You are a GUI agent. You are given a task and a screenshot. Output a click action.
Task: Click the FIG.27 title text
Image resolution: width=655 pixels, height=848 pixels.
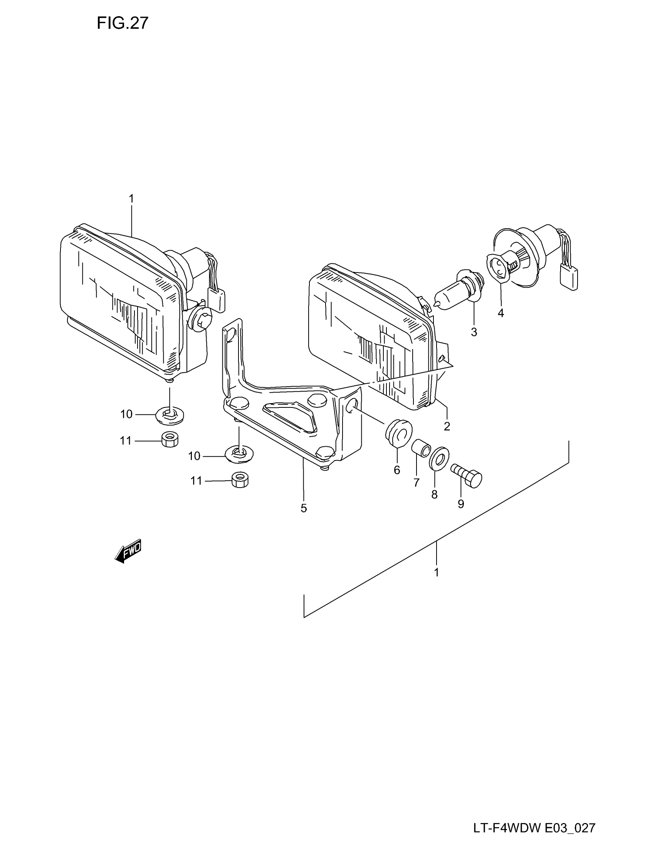[x=122, y=23]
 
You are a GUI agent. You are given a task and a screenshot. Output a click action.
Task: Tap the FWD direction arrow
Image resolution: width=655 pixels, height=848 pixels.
[x=128, y=550]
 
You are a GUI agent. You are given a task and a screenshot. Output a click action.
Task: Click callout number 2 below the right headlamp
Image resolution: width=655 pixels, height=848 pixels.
[x=447, y=426]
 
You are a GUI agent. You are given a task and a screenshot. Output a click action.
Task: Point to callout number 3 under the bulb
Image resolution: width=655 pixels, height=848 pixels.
[x=474, y=332]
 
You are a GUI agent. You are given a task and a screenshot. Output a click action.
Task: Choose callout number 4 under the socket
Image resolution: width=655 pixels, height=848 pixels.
[x=500, y=313]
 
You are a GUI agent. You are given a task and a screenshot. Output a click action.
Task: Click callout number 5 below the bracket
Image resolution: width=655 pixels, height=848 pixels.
[x=304, y=508]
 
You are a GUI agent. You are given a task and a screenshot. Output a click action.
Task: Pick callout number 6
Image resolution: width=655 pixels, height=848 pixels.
[x=396, y=470]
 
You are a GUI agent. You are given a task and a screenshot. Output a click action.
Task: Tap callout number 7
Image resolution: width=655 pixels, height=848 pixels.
[x=417, y=483]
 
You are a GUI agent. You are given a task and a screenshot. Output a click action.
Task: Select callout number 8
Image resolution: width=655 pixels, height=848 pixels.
[x=434, y=494]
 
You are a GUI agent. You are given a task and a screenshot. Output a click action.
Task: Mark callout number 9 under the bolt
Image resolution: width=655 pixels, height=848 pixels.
[x=460, y=504]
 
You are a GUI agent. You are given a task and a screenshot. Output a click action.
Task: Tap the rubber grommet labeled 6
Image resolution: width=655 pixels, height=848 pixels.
[x=398, y=431]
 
